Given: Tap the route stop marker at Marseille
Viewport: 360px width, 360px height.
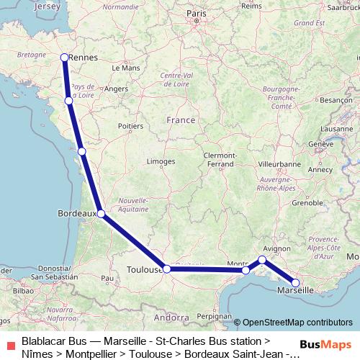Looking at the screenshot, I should coord(295,283).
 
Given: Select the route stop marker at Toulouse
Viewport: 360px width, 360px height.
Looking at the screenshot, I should coord(167,269).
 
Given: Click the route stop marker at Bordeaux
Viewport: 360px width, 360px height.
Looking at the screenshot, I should coord(101,214).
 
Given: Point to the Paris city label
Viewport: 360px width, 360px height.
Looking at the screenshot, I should coord(196,13).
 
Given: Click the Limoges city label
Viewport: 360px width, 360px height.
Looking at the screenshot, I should coord(161,162).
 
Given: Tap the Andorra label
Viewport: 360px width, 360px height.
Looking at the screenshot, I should coord(171,317).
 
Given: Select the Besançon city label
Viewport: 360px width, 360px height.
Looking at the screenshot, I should coord(334,100).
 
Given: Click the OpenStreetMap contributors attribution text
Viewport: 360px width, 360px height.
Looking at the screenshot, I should coord(297,323).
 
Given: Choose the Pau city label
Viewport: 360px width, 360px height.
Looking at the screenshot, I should coord(108,277).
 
